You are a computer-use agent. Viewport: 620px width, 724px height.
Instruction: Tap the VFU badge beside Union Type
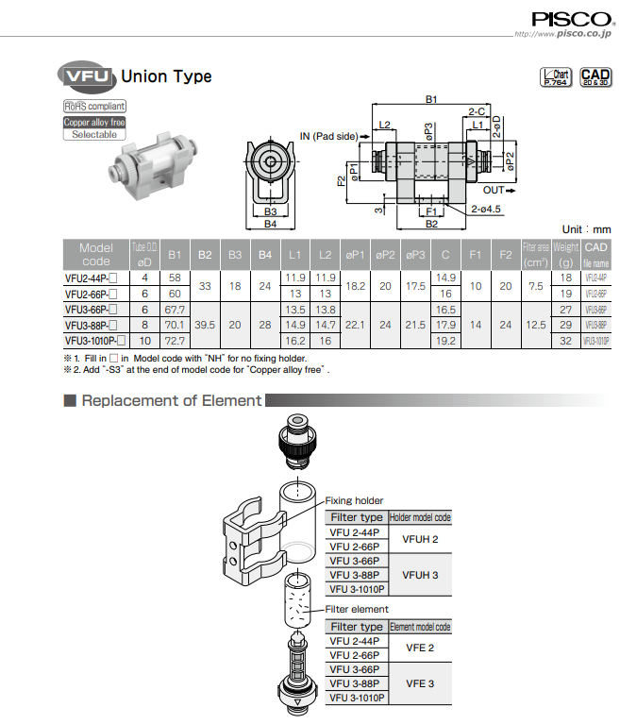click(87, 76)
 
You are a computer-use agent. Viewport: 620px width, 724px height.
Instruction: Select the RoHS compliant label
click(94, 107)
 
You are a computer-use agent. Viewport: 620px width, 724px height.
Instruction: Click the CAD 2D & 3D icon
click(595, 77)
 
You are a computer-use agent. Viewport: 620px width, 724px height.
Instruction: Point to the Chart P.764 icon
click(556, 77)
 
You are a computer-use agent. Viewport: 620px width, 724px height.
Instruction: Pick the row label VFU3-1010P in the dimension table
click(94, 340)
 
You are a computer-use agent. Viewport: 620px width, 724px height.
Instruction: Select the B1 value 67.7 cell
click(175, 309)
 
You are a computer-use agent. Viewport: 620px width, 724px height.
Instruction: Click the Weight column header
click(566, 254)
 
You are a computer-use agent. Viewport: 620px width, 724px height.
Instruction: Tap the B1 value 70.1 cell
click(175, 324)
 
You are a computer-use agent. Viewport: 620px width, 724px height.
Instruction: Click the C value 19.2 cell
click(445, 340)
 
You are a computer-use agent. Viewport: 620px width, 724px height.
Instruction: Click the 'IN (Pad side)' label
click(328, 136)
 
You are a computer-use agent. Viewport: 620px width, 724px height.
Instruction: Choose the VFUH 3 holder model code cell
click(420, 574)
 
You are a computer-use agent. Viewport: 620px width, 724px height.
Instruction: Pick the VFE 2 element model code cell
click(420, 648)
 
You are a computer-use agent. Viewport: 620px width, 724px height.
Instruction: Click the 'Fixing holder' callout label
click(355, 500)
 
